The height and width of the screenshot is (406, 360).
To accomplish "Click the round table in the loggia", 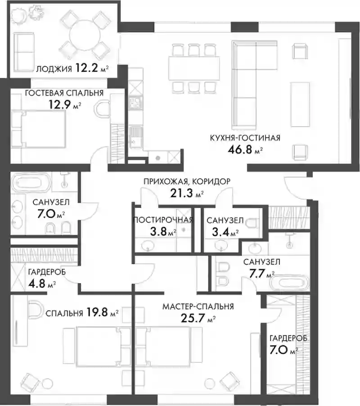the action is tap(85, 36).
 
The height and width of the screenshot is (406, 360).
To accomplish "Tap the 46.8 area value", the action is tap(240, 149).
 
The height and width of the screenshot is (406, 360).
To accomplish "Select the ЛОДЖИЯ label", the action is tap(54, 69).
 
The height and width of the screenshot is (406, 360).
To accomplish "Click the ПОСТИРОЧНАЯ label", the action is tap(163, 220).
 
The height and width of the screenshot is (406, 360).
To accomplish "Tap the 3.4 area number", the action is tap(220, 232).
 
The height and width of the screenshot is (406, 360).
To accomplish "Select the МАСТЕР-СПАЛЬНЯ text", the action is tap(198, 307).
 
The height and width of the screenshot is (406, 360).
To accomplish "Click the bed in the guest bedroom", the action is tap(38, 130).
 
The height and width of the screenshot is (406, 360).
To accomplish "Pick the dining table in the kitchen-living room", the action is tap(194, 68).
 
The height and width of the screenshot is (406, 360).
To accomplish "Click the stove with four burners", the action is tap(135, 103).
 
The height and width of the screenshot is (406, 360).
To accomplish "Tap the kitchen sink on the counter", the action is tap(135, 137).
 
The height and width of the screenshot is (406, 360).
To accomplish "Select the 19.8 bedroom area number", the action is tap(97, 312).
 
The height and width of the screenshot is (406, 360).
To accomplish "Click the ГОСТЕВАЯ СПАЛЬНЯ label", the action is tap(64, 93).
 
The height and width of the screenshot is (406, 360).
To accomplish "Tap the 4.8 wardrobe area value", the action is tap(37, 283).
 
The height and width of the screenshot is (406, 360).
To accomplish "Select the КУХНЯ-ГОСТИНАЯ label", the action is tap(245, 138).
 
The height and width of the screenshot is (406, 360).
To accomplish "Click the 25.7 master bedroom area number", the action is tap(193, 318).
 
